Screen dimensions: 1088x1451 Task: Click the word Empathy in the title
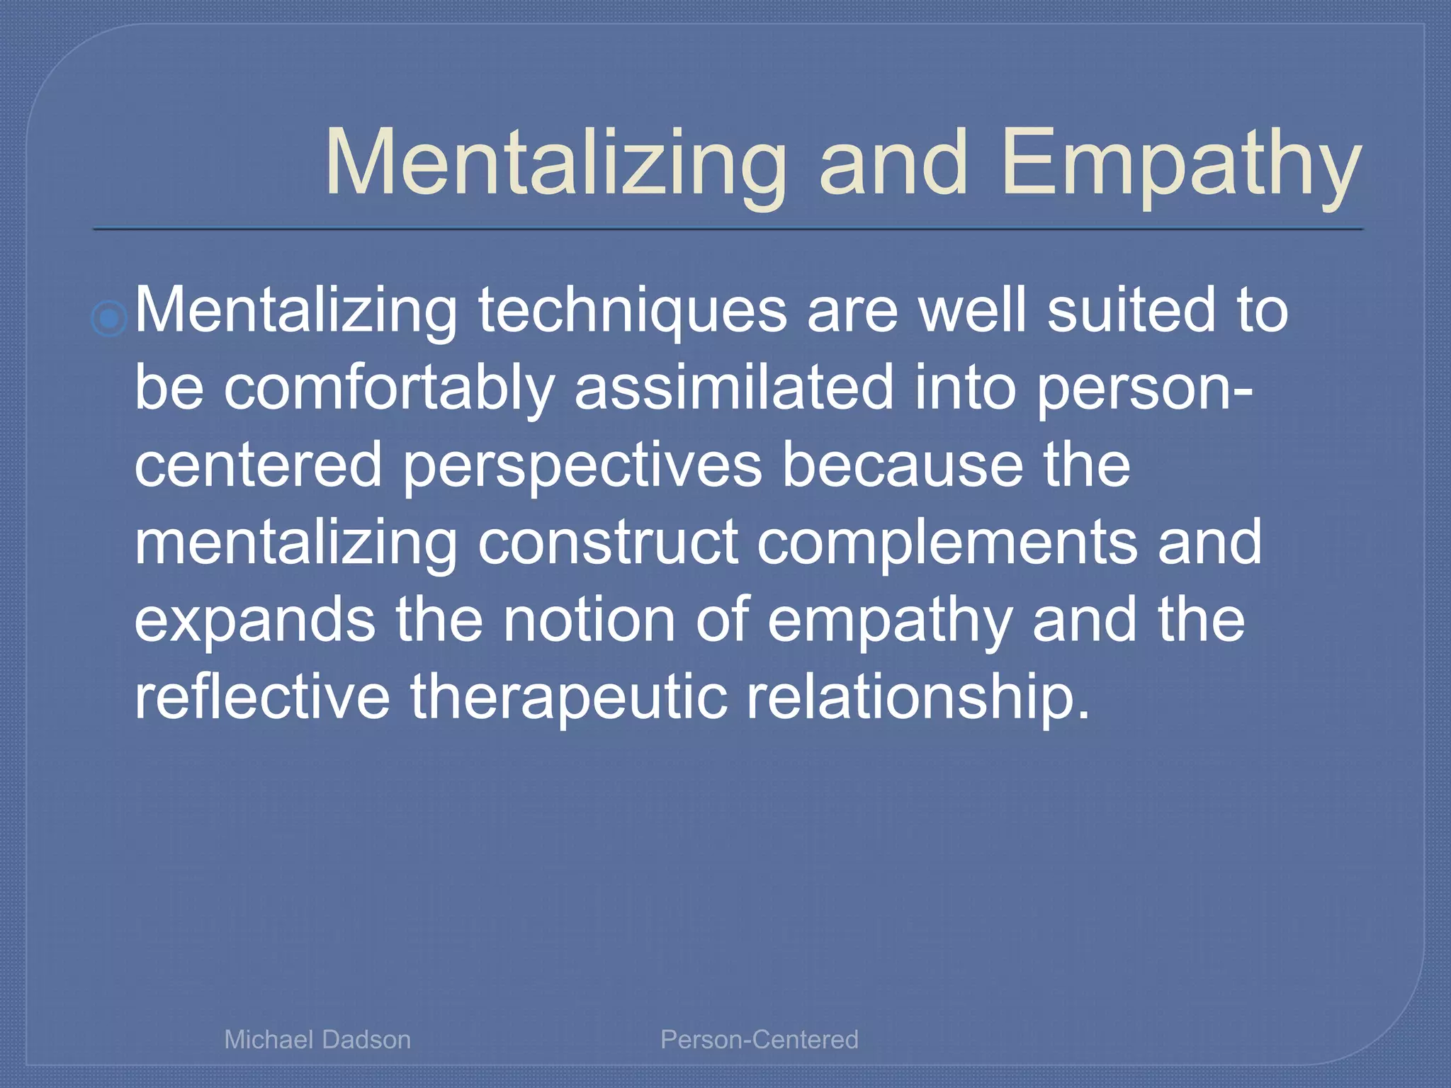click(x=1181, y=164)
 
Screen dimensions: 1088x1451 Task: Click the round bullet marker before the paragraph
click(x=110, y=318)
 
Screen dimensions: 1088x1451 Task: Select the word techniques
click(x=632, y=312)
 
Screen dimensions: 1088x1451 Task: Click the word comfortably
click(x=389, y=389)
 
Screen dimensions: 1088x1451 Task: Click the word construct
click(x=608, y=543)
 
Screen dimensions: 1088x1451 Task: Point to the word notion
click(x=589, y=620)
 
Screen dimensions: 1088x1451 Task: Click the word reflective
click(x=262, y=697)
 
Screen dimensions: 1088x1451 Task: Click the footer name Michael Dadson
click(x=317, y=1039)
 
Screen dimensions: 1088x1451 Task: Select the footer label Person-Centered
click(x=759, y=1039)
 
